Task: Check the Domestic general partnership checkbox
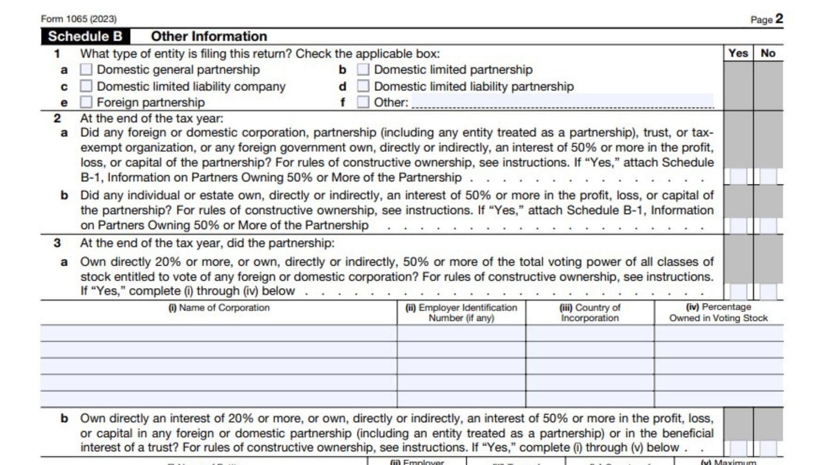coord(86,70)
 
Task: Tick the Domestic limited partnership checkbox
coord(363,70)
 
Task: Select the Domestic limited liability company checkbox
coord(86,86)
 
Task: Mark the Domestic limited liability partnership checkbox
coord(363,86)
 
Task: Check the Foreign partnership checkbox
coord(86,102)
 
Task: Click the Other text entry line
coord(562,102)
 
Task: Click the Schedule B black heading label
coord(85,37)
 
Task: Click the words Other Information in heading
coord(209,37)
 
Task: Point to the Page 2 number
coord(779,19)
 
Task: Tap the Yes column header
coord(738,53)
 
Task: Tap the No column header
coord(768,53)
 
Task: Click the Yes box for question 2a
coord(738,177)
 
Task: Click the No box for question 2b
coord(768,226)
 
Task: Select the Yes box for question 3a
coord(738,291)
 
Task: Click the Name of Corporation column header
coord(219,308)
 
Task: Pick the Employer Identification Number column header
coord(461,313)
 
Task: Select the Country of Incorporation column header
coord(590,313)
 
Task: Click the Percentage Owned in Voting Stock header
coord(718,313)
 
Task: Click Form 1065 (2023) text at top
coord(79,19)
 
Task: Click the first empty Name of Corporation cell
coord(219,333)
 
